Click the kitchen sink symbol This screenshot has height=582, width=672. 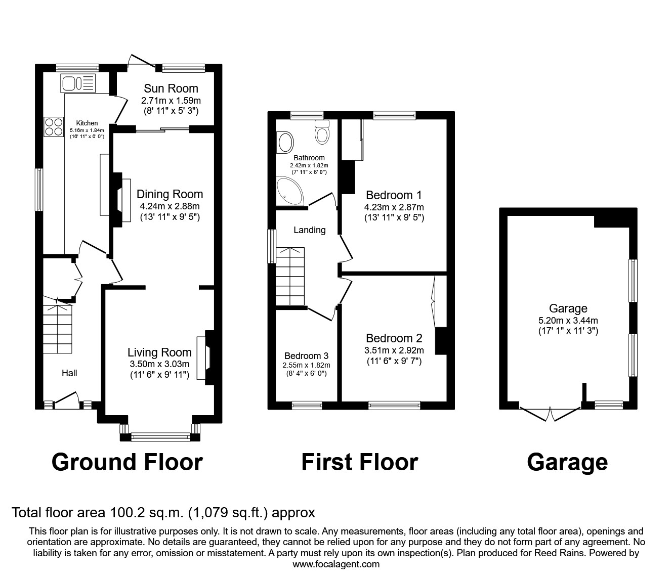click(x=78, y=83)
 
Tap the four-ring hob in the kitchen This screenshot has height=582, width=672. click(x=53, y=126)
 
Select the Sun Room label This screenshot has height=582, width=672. click(x=171, y=88)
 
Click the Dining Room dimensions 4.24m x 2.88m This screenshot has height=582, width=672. click(x=170, y=206)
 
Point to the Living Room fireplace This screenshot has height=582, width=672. click(x=208, y=357)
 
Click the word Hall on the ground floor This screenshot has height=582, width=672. click(x=69, y=373)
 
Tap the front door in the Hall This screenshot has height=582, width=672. click(x=67, y=402)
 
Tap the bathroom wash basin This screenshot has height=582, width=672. click(x=285, y=143)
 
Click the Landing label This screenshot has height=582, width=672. click(x=310, y=230)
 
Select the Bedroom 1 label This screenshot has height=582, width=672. click(x=394, y=195)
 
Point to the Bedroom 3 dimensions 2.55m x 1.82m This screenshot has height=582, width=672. click(x=306, y=365)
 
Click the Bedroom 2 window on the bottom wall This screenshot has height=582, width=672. click(x=394, y=405)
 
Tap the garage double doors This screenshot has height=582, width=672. click(x=550, y=413)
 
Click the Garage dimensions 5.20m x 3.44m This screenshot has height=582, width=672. click(x=568, y=320)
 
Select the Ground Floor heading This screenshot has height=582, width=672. click(x=127, y=462)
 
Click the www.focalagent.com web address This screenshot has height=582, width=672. click(x=336, y=564)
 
